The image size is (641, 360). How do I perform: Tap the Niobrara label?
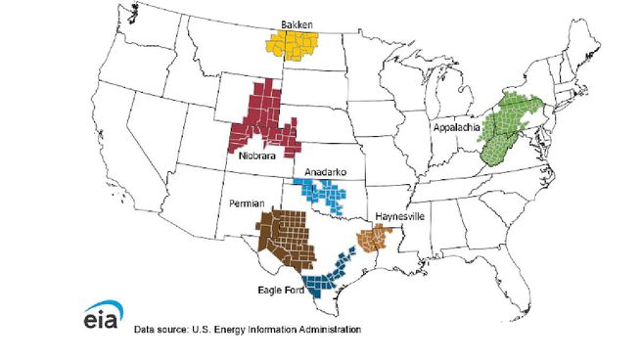pos(254,155)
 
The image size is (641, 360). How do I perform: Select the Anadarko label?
pos(324,172)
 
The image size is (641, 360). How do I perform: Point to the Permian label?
pos(247,203)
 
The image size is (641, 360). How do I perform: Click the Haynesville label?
pos(397,217)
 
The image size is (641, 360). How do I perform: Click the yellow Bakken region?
pos(298,43)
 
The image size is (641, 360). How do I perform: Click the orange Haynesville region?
pos(374,237)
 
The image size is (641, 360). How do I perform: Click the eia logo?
pos(100,320)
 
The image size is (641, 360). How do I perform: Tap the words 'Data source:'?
pos(161,330)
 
